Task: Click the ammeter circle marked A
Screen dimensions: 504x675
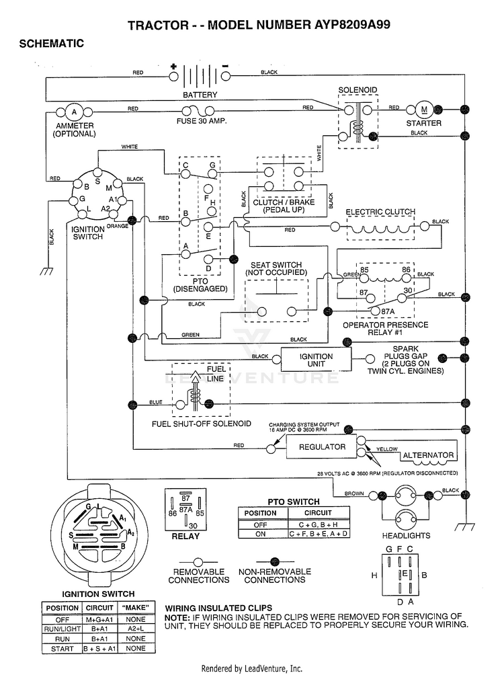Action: [x=74, y=113]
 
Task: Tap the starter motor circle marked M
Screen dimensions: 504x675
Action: [x=425, y=110]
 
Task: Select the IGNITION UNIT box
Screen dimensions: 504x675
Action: [x=316, y=360]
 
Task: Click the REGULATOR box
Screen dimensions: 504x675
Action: [x=322, y=447]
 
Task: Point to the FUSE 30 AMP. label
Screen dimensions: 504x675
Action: [x=202, y=122]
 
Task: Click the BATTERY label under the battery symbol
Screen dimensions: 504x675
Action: [x=200, y=95]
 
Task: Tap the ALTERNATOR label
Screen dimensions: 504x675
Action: [x=428, y=455]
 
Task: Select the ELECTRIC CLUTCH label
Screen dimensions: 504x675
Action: [x=380, y=212]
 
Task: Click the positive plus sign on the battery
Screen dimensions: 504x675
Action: [x=173, y=67]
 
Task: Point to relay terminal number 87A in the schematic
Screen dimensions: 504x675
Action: [x=388, y=311]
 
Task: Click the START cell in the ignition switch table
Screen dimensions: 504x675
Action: [x=62, y=649]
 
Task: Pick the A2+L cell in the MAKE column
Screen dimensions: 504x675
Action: [x=136, y=629]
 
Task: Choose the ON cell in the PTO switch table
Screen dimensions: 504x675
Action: [x=260, y=534]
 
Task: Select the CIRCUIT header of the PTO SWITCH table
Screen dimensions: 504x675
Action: [x=318, y=513]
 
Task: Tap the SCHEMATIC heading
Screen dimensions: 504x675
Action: [x=51, y=44]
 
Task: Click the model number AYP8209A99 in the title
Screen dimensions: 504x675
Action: [x=350, y=24]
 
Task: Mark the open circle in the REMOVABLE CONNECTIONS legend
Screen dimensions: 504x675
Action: [x=198, y=562]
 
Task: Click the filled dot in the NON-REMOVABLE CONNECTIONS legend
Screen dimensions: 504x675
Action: [x=275, y=562]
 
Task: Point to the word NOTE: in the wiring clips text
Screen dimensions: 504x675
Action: [x=175, y=617]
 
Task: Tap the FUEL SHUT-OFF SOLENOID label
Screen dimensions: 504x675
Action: [x=202, y=424]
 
